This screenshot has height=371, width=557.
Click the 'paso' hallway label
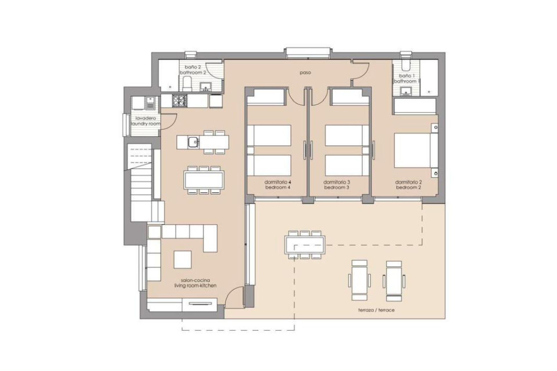coord(305,73)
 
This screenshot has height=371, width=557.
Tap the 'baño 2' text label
coord(193,67)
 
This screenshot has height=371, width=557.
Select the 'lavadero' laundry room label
coord(146,118)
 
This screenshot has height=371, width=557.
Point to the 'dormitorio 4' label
coord(278,182)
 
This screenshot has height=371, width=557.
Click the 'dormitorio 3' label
coord(337,182)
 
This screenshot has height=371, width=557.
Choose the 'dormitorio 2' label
coord(408,182)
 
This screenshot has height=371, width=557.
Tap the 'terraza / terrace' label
coord(376,310)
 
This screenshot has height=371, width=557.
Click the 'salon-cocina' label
coord(195,280)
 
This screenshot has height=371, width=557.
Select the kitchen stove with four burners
coord(179,101)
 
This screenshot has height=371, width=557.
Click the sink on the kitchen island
coord(193,142)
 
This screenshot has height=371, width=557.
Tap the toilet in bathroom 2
coord(187,84)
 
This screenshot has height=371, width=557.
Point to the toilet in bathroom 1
coord(406,64)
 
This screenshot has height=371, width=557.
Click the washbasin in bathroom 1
coord(406,91)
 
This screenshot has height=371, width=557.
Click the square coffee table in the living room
coord(182,259)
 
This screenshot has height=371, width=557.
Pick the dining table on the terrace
coord(305,245)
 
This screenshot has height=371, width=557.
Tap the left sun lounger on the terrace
coord(359,280)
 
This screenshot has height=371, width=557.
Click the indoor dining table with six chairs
coord(204,180)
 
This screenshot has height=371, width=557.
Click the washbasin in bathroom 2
coord(206,87)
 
